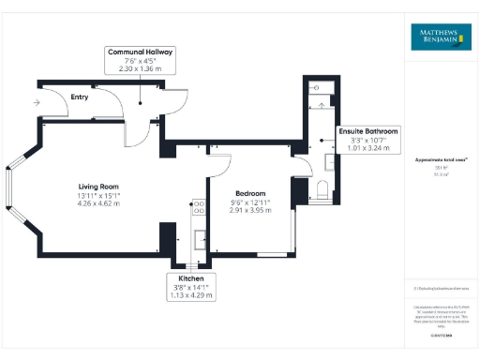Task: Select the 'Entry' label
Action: (79, 96)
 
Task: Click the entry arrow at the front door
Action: (36, 102)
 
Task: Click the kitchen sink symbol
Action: (199, 238)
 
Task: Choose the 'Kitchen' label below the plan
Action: (191, 279)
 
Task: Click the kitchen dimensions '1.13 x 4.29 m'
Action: (191, 296)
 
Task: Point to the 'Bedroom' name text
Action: (250, 193)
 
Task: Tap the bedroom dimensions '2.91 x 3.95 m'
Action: (250, 211)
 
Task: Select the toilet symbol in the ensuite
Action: (322, 192)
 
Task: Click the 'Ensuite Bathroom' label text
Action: (368, 131)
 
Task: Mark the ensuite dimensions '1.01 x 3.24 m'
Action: (368, 148)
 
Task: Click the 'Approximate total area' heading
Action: (436, 160)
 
